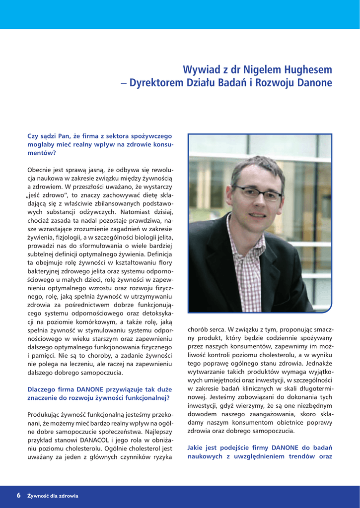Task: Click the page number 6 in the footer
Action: pos(18,495)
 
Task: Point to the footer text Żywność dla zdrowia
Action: pos(53,496)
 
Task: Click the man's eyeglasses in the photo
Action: pos(258,192)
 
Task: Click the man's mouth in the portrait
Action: pos(257,214)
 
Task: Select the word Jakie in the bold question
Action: pos(197,447)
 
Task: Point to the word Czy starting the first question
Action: pos(33,135)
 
